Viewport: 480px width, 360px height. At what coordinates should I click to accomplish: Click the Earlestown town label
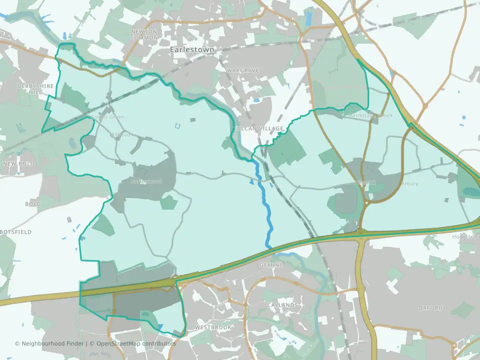pos(192,50)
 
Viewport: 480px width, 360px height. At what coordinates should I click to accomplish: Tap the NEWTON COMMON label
pos(144,34)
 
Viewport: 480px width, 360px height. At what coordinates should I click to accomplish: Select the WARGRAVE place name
pos(242,70)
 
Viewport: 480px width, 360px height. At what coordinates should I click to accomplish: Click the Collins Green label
pos(108,117)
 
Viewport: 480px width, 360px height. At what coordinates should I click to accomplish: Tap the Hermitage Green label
pos(371,115)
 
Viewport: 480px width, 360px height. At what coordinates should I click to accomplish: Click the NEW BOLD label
pos(18,164)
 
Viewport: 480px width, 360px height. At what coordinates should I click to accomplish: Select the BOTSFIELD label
pos(15,232)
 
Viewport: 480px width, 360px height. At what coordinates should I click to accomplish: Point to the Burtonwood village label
pos(146,181)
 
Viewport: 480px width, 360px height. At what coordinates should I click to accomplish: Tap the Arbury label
pos(409,183)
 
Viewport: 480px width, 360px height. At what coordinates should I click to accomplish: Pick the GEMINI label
pos(271,264)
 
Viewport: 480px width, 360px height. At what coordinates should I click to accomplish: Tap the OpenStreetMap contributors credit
pos(136,343)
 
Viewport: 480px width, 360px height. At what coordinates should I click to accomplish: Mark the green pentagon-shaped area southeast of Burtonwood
pos(169,202)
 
